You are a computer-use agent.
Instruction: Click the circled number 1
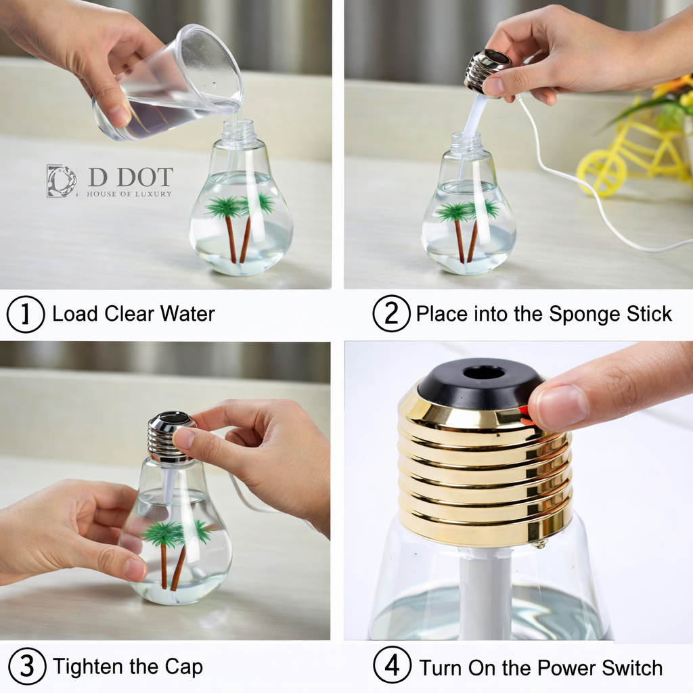(26, 315)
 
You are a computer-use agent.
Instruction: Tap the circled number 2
(391, 315)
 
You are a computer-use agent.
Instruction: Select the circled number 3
(26, 666)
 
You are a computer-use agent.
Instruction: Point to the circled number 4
(393, 666)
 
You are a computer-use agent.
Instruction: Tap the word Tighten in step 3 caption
(89, 667)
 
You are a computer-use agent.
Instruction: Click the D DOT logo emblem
(62, 181)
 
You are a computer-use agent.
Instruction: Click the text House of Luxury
(129, 194)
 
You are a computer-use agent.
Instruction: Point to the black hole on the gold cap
(483, 372)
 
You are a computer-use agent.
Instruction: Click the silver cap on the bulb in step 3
(169, 437)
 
